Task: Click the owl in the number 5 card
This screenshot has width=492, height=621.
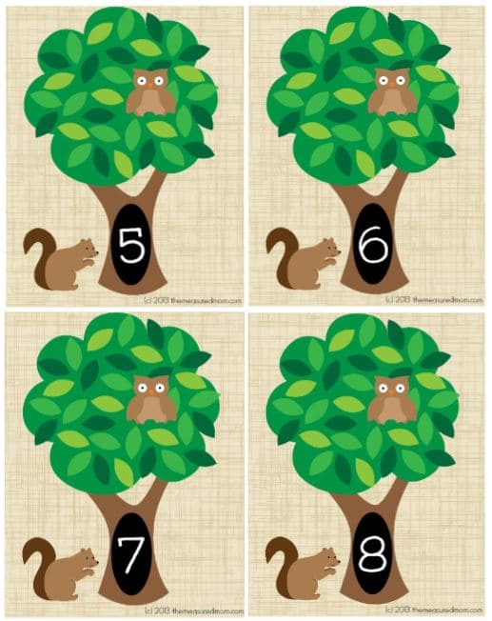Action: [x=150, y=91]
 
